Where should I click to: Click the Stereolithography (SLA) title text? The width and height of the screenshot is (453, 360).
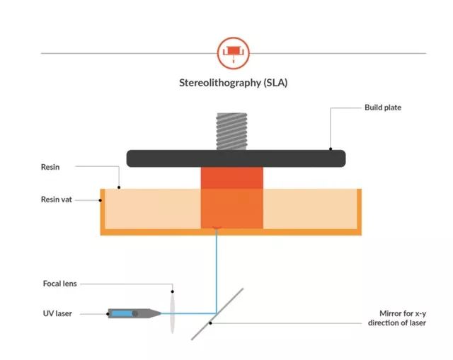click(234, 82)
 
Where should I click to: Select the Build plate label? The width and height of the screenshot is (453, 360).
click(383, 108)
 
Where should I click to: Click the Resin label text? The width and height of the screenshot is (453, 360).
click(51, 168)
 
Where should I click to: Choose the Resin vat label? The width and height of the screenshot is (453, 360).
click(57, 199)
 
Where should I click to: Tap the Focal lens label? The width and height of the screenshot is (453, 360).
click(59, 284)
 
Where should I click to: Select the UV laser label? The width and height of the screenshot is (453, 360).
click(57, 313)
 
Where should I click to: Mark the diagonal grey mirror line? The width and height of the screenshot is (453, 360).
click(218, 313)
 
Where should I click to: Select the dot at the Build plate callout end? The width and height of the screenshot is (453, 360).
click(331, 149)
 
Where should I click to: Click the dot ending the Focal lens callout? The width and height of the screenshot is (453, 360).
click(173, 291)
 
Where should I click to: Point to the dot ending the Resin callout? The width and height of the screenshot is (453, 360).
click(119, 188)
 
